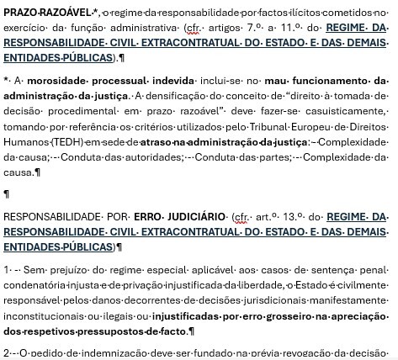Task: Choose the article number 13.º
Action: point(293,216)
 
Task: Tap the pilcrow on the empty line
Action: point(7,194)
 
